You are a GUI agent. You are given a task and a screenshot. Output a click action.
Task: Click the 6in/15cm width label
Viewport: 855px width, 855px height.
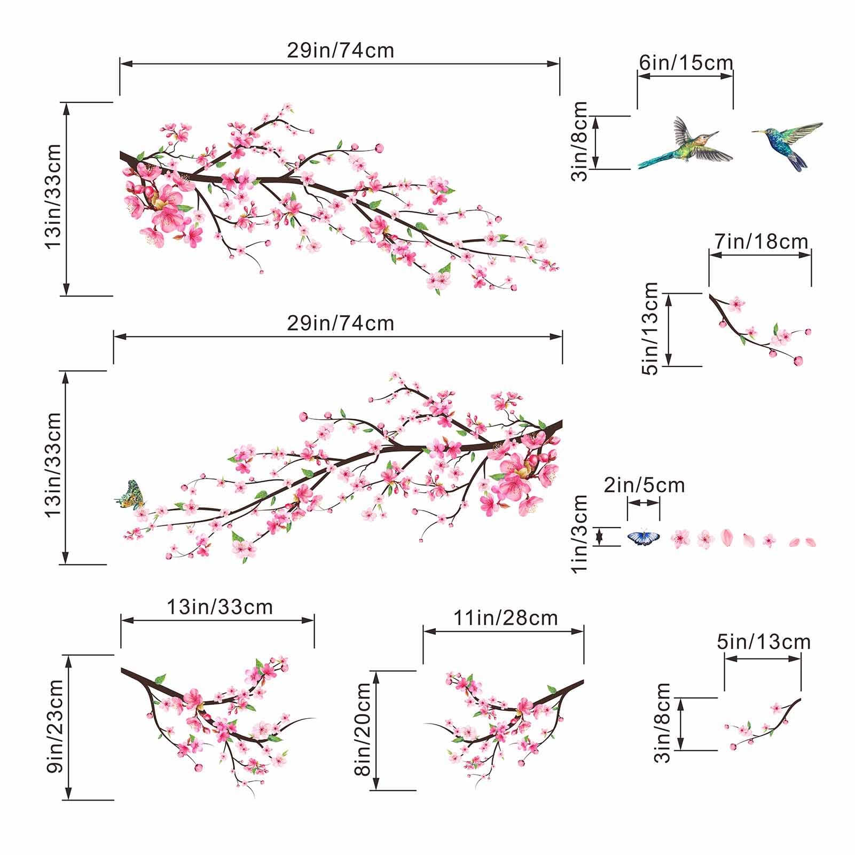coord(686,63)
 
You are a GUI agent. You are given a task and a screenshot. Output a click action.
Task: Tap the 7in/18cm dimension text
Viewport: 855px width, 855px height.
coord(762,241)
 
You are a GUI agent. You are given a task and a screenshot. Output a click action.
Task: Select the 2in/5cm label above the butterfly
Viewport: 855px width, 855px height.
coord(644,485)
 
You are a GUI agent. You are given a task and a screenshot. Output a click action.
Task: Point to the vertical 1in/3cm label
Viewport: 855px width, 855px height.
coord(580,534)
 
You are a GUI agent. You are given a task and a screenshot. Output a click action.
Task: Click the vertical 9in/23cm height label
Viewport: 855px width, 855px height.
coord(55,727)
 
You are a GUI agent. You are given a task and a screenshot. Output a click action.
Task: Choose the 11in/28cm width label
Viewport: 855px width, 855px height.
coord(505,618)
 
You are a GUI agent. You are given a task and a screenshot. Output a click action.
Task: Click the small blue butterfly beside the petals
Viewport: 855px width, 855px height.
coord(644,537)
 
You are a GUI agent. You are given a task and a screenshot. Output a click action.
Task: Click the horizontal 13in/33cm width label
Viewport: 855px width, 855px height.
coord(219,607)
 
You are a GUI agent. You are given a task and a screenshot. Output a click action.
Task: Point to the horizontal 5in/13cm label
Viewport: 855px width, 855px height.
coord(764,641)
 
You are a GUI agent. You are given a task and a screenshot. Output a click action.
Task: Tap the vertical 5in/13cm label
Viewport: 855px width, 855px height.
coord(651,329)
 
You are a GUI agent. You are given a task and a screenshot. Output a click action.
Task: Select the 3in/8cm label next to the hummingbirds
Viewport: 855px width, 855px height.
coord(580,142)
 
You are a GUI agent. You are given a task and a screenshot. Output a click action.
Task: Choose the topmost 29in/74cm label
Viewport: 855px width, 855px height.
coord(340,50)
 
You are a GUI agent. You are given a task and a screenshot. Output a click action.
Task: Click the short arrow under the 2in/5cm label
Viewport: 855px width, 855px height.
coord(644,503)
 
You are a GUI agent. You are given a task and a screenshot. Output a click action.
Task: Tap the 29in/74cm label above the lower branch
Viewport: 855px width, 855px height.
coord(340,323)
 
